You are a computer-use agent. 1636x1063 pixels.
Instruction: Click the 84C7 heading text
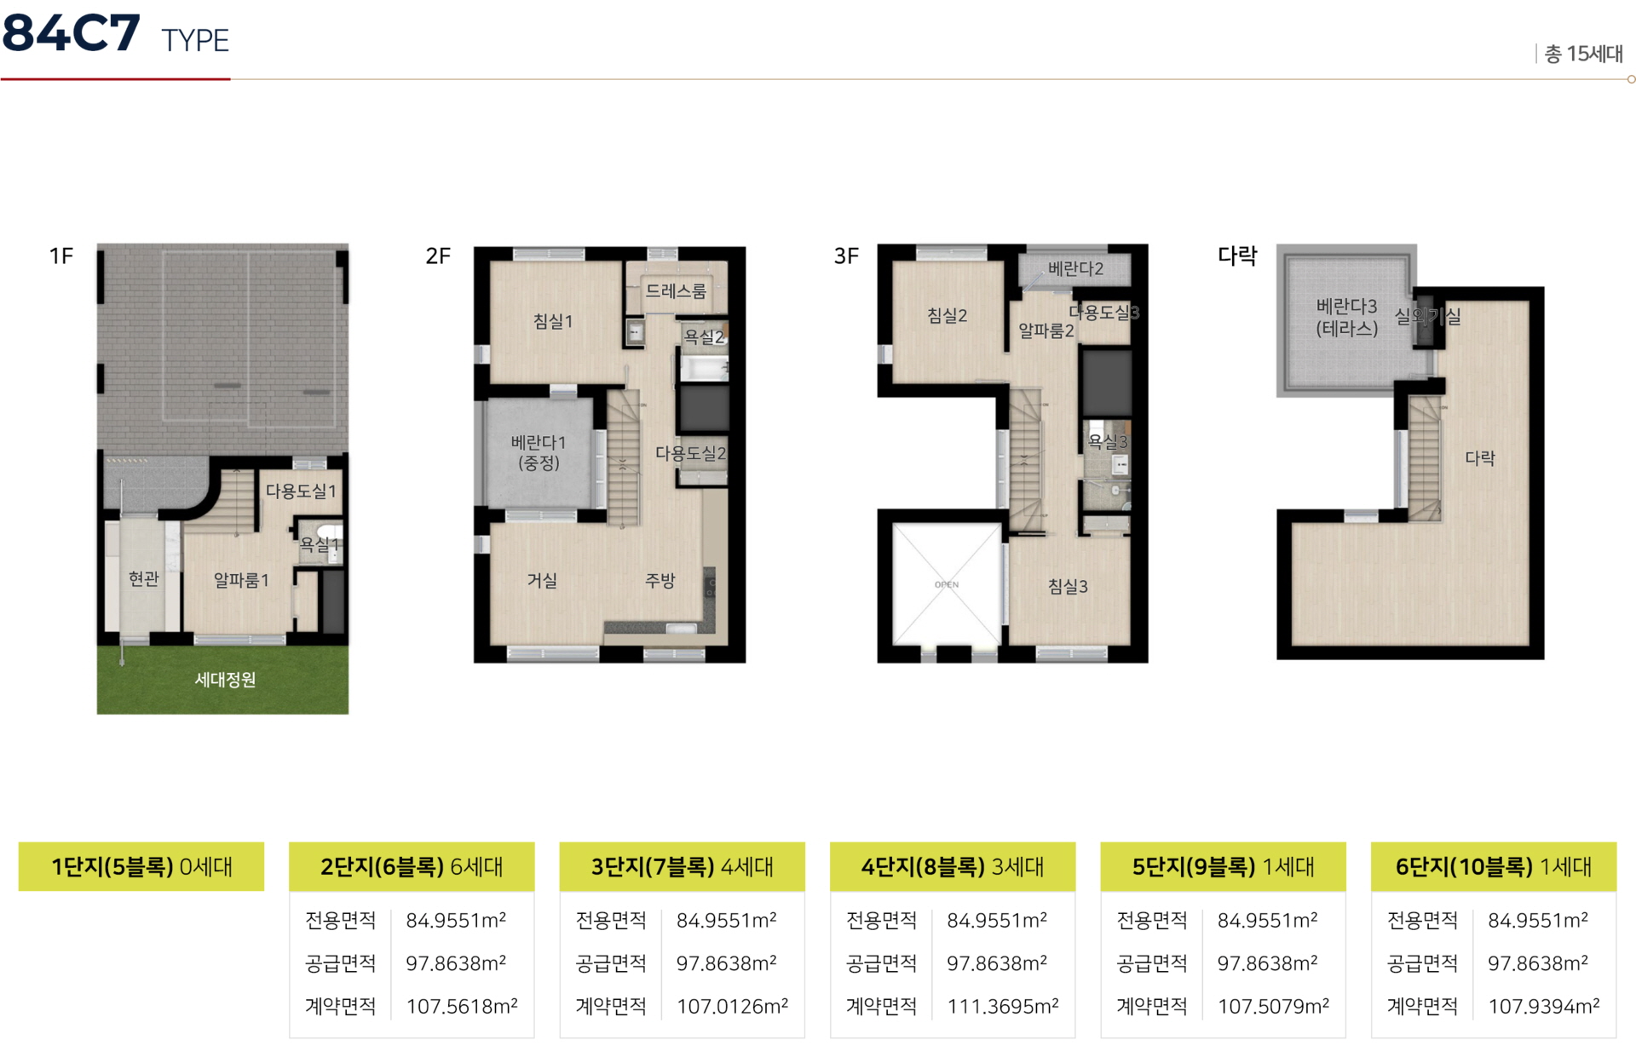71,33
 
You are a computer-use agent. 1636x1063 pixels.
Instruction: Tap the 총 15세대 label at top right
1583,54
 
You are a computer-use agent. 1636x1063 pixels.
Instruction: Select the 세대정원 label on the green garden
225,680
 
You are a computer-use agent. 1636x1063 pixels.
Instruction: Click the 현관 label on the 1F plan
144,579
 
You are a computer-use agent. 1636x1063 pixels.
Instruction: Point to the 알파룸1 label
241,580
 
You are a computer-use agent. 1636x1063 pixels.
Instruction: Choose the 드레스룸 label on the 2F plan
676,291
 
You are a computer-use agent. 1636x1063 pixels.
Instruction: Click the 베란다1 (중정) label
539,452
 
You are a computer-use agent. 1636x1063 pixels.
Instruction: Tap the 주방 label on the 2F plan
660,580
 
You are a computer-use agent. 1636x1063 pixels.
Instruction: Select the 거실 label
542,580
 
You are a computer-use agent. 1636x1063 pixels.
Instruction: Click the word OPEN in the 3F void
947,584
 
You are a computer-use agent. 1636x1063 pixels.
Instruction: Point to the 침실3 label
1068,586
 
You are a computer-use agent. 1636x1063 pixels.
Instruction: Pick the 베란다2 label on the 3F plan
1075,269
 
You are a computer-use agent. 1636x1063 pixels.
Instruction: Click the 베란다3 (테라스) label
1346,317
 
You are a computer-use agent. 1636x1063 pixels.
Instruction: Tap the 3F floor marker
846,256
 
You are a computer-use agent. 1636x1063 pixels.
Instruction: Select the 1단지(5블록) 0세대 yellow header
141,866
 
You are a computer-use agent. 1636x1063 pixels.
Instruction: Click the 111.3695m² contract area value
1003,1006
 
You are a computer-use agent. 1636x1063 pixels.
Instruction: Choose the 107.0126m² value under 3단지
732,1006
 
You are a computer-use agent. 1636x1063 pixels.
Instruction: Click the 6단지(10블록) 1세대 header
1494,866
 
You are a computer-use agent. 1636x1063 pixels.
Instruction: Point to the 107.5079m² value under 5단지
1273,1006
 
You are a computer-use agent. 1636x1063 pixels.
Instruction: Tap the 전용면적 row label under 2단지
340,921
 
